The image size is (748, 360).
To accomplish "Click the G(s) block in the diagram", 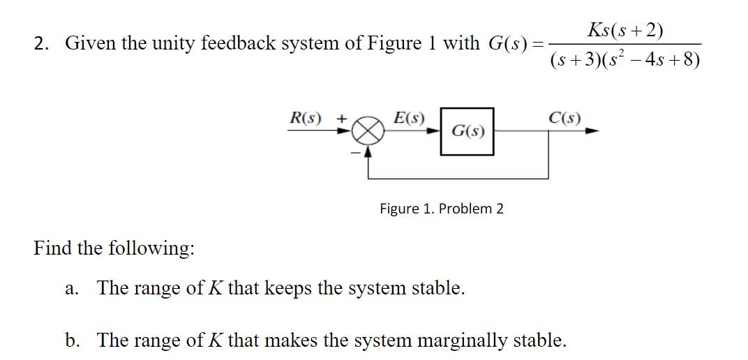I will (x=467, y=130).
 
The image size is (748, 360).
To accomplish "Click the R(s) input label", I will (x=306, y=117).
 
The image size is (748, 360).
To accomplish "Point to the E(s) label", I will (x=409, y=117).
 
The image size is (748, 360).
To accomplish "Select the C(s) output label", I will (x=564, y=117).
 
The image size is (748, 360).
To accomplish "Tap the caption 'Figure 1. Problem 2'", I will (x=441, y=209).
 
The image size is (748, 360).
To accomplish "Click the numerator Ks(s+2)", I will (x=625, y=31).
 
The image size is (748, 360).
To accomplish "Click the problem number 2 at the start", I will (x=40, y=44).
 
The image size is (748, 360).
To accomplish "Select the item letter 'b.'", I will (x=71, y=340).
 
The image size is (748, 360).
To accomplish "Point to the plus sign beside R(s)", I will (x=342, y=118).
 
